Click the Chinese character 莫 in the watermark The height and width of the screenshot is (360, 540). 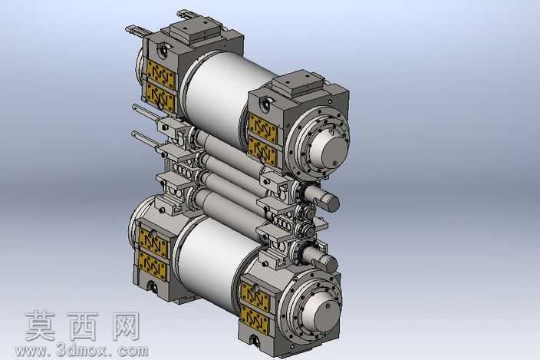pos(41,326)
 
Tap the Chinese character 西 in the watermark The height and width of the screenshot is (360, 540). pos(83,326)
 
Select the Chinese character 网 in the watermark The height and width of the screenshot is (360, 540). pos(126,326)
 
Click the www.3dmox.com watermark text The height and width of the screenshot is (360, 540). pos(82,351)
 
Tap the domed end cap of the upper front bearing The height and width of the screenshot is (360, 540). pos(328,150)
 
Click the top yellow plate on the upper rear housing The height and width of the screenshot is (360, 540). pos(160,73)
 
